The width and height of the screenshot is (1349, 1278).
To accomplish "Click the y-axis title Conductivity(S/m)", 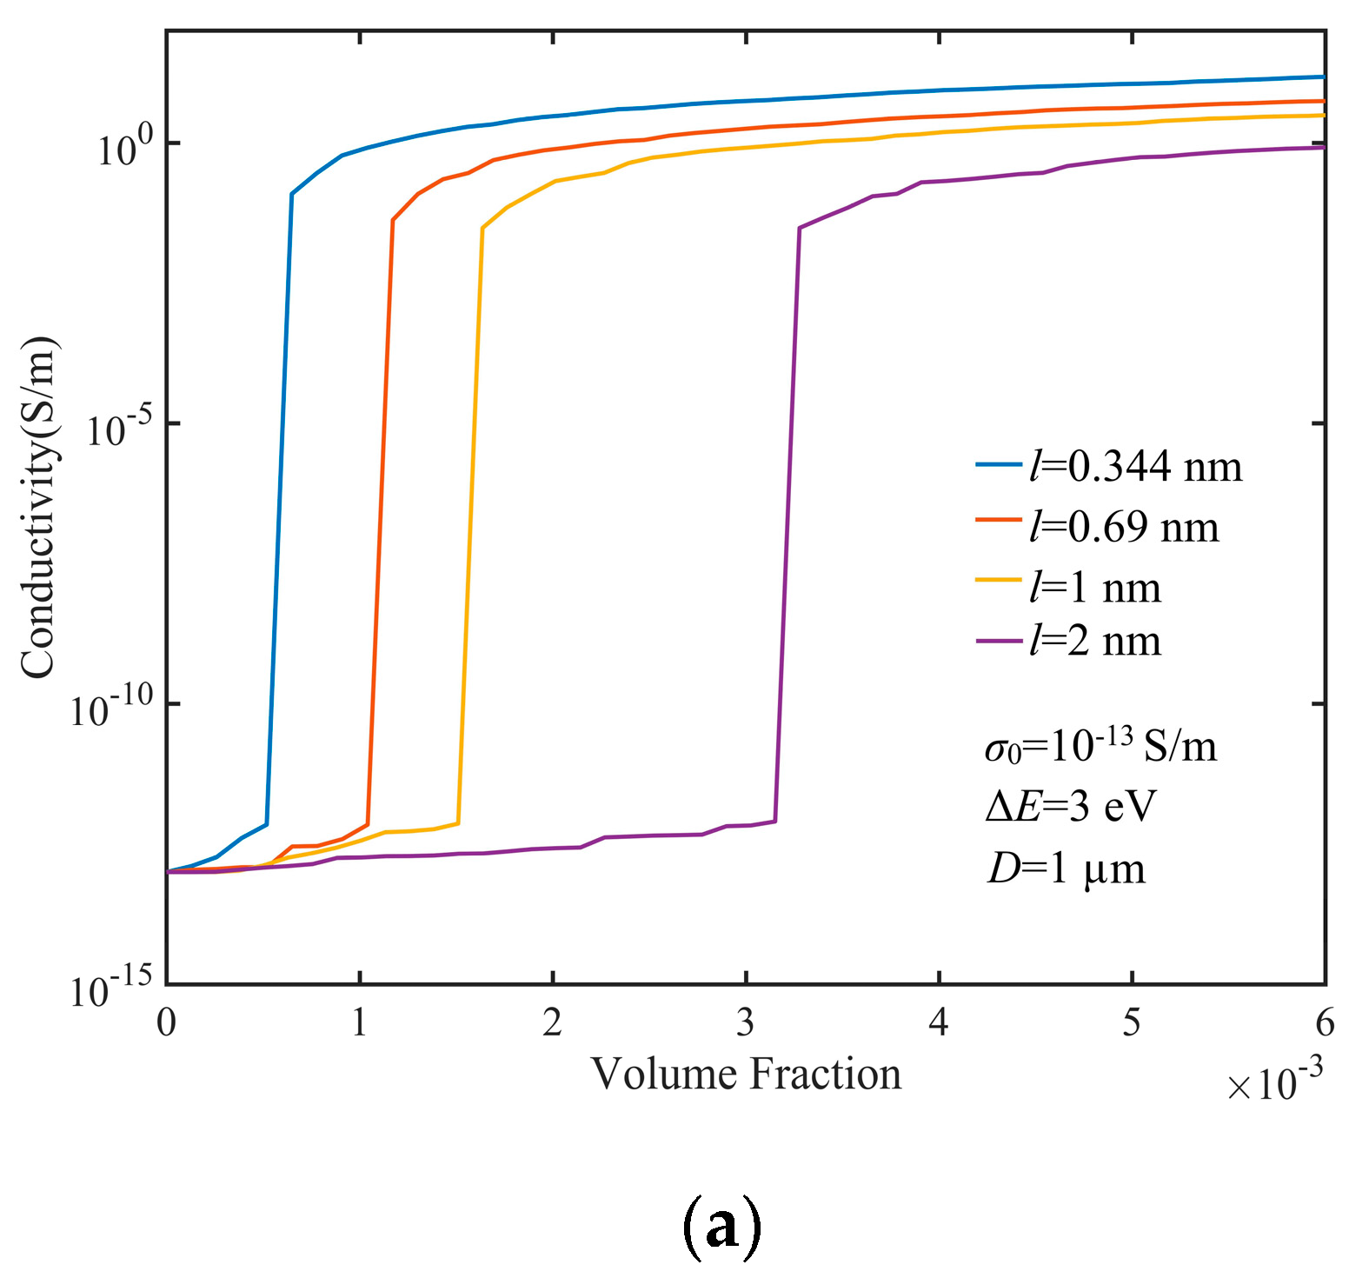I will pyautogui.click(x=38, y=507).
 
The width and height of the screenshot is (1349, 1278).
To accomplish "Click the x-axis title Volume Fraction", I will pyautogui.click(x=746, y=1074).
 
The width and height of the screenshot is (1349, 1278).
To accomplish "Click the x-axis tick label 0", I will pyautogui.click(x=166, y=1023).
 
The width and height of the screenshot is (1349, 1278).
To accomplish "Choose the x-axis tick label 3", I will pyautogui.click(x=746, y=1023).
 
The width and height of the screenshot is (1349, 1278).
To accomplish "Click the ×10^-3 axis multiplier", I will pyautogui.click(x=1274, y=1082).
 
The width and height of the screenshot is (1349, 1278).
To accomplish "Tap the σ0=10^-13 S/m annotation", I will pyautogui.click(x=1100, y=746).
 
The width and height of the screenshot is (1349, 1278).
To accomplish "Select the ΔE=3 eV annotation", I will pyautogui.click(x=1071, y=807).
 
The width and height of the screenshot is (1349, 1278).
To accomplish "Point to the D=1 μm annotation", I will pyautogui.click(x=1066, y=868).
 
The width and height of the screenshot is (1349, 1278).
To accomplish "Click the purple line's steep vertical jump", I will pyautogui.click(x=787, y=522).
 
